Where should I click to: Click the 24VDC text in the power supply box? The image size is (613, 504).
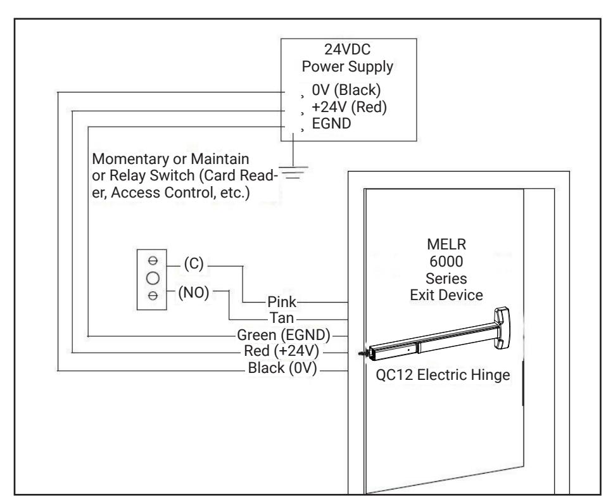[347, 49]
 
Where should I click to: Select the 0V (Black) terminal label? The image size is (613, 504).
[346, 90]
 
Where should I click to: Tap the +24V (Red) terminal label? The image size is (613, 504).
[349, 107]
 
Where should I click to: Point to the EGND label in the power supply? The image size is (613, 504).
[331, 123]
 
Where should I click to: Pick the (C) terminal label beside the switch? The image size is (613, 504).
[194, 264]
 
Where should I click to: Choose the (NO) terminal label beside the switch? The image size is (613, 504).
[194, 293]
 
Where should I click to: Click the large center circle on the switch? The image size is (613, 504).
[153, 279]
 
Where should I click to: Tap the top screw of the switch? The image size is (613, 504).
[153, 260]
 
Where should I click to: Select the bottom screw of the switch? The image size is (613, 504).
[153, 296]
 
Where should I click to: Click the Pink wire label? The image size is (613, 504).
[281, 302]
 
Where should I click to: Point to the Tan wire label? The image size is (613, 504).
[281, 318]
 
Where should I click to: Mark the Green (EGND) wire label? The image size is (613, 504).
[284, 335]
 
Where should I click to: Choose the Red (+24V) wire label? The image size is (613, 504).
[281, 351]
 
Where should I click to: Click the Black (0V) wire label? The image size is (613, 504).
[282, 368]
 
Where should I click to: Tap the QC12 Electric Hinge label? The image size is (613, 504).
[443, 375]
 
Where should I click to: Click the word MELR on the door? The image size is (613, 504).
[446, 244]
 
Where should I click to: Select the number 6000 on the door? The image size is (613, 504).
[446, 261]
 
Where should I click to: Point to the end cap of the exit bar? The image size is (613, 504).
[502, 327]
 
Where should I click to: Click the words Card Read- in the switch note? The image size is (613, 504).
[239, 175]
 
